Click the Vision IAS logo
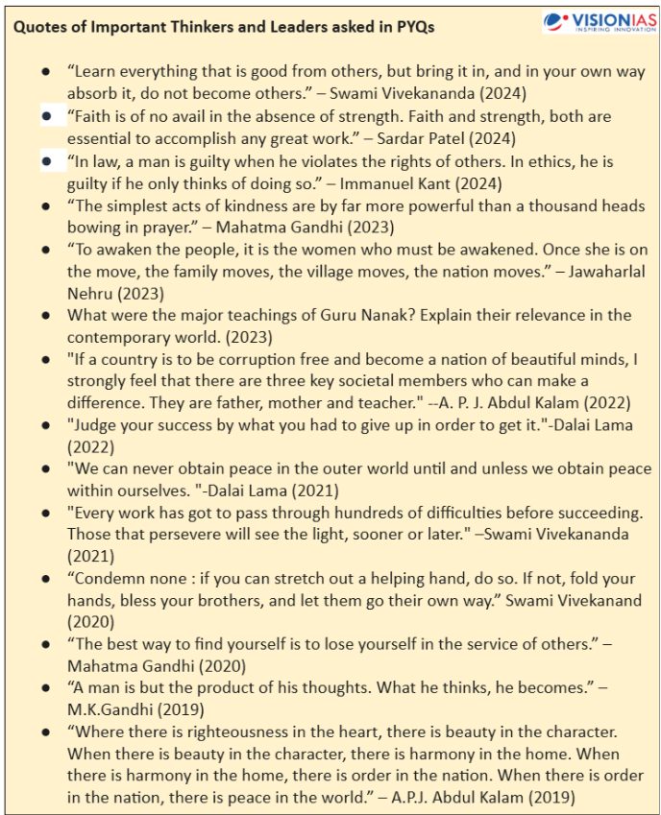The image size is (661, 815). [x=598, y=20]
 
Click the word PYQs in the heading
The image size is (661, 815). [x=414, y=28]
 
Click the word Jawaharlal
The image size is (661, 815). [x=607, y=272]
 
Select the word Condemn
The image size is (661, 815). [x=107, y=579]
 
